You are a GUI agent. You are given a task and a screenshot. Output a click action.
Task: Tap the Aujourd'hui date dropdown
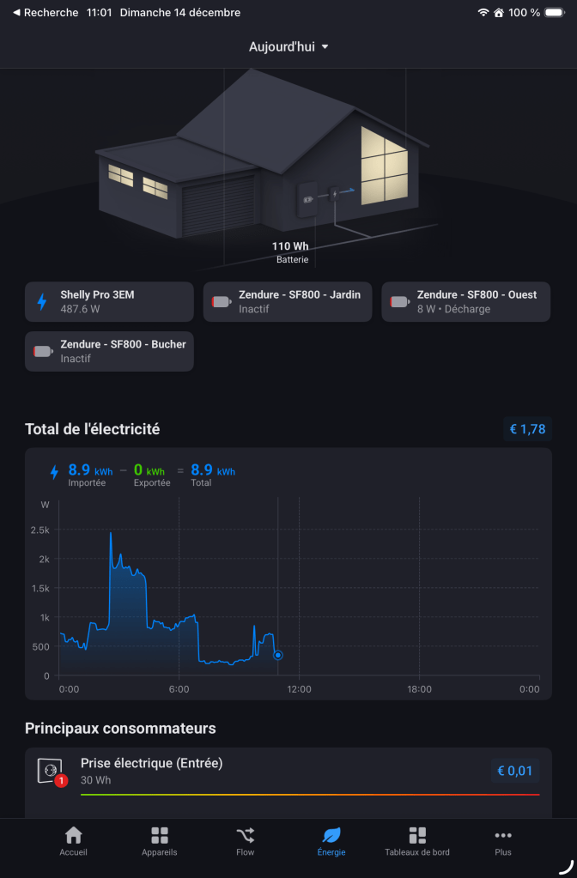pyautogui.click(x=288, y=46)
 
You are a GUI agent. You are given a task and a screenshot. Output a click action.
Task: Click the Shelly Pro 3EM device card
pyautogui.click(x=109, y=301)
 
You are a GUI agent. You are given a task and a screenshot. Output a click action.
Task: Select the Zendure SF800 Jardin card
pyautogui.click(x=288, y=301)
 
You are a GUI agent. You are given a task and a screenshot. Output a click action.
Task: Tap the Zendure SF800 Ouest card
pyautogui.click(x=465, y=301)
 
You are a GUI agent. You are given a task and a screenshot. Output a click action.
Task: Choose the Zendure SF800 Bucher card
pyautogui.click(x=109, y=351)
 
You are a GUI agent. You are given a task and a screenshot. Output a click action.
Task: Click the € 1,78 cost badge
pyautogui.click(x=527, y=429)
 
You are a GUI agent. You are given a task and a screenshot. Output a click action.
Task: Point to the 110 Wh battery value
pyautogui.click(x=290, y=246)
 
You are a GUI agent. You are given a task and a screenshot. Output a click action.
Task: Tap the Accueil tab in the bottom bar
pyautogui.click(x=74, y=841)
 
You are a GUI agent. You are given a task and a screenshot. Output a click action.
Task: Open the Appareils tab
pyautogui.click(x=160, y=841)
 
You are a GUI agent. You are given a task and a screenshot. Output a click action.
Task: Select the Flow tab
pyautogui.click(x=246, y=841)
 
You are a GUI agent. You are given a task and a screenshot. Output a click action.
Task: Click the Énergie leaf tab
pyautogui.click(x=331, y=841)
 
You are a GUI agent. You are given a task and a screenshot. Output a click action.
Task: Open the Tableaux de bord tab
pyautogui.click(x=417, y=841)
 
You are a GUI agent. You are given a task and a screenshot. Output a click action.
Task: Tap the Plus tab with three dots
pyautogui.click(x=503, y=841)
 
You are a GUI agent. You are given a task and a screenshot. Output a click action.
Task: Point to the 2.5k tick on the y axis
pyautogui.click(x=40, y=530)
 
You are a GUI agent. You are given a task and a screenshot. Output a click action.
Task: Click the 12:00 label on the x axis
pyautogui.click(x=299, y=689)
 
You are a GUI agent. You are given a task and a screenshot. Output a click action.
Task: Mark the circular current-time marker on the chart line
pyautogui.click(x=278, y=655)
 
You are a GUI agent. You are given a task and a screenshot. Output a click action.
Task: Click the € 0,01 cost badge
pyautogui.click(x=515, y=771)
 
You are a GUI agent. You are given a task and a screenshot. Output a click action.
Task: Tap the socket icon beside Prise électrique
pyautogui.click(x=50, y=770)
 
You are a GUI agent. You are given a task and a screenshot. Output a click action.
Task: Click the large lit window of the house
pyautogui.click(x=384, y=165)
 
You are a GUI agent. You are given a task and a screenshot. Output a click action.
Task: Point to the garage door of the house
pyautogui.click(x=218, y=206)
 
